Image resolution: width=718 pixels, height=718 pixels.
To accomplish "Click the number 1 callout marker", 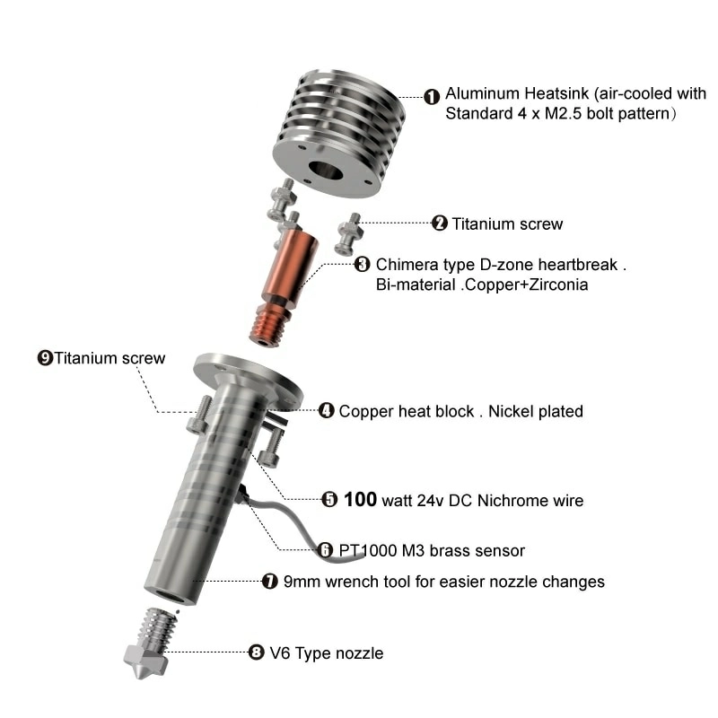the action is (x=432, y=97).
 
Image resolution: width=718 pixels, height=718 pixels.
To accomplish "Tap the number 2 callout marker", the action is (x=440, y=223).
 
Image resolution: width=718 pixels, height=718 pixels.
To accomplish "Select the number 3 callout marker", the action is (x=363, y=264).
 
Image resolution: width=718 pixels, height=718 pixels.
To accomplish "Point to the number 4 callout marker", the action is (x=326, y=410).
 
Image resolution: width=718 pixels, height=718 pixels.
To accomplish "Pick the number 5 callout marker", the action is (x=329, y=500).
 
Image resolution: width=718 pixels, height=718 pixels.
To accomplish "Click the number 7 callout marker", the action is (x=270, y=581).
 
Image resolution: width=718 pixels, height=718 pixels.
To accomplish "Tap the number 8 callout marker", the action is (x=257, y=652).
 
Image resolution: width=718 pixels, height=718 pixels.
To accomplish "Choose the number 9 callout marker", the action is (x=45, y=357).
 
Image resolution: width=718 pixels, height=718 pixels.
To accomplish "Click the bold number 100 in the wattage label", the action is (x=361, y=499).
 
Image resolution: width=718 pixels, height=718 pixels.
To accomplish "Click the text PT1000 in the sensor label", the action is (x=368, y=550).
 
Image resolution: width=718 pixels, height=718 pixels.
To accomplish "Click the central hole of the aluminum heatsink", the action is (x=326, y=171).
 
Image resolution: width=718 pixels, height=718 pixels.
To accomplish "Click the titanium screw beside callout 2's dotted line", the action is (x=350, y=233).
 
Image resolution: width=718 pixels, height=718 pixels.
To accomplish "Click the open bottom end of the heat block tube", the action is (x=171, y=596).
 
